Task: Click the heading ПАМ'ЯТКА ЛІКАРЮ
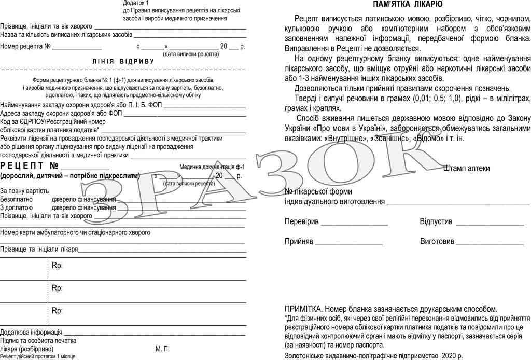[408, 5]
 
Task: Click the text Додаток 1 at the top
[135, 3]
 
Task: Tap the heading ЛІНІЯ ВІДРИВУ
[123, 61]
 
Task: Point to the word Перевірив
[302, 221]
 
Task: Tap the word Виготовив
[437, 241]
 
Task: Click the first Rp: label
[57, 266]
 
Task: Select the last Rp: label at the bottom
[57, 310]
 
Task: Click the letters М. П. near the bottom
[162, 349]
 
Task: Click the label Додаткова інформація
[32, 332]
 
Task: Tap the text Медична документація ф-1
[211, 167]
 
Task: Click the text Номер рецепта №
[25, 46]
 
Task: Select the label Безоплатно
[17, 199]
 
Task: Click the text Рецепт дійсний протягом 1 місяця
[38, 356]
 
